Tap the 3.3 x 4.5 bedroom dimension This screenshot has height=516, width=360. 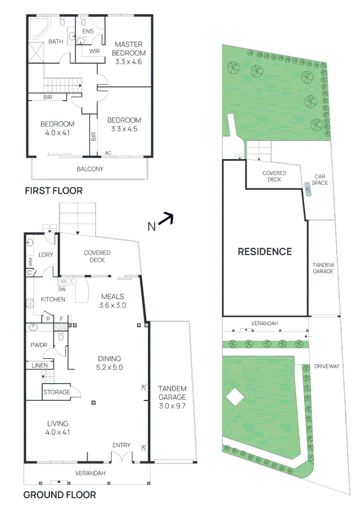tap(124, 129)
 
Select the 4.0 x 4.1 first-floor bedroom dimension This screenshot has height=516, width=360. tap(57, 133)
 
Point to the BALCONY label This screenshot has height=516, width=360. tap(90, 169)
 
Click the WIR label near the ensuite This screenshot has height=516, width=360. tap(94, 51)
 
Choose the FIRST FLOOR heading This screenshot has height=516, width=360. tap(54, 191)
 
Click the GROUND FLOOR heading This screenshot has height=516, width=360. tap(59, 495)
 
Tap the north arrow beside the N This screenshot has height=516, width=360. tap(166, 219)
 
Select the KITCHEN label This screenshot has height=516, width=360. tap(53, 300)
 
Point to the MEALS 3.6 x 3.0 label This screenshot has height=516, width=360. tap(112, 301)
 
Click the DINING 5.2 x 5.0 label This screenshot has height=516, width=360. tap(110, 363)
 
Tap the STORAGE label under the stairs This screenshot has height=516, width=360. tap(56, 392)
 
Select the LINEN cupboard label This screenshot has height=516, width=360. tap(40, 365)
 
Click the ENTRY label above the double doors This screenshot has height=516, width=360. tap(121, 445)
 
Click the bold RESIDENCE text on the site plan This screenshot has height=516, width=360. tap(265, 251)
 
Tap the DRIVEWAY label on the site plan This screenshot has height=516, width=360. tap(327, 366)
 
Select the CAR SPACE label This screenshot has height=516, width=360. tap(319, 180)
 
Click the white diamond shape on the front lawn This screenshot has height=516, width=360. tap(234, 397)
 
